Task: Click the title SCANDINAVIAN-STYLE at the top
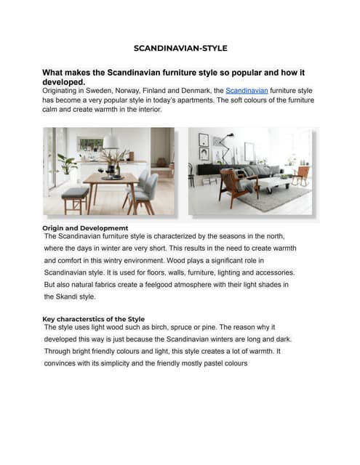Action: pyautogui.click(x=180, y=48)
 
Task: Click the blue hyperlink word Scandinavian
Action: pyautogui.click(x=247, y=90)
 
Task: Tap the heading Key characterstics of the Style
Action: pyautogui.click(x=93, y=319)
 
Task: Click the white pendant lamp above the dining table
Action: pyautogui.click(x=111, y=142)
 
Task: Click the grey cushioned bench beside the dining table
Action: pyautogui.click(x=74, y=193)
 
